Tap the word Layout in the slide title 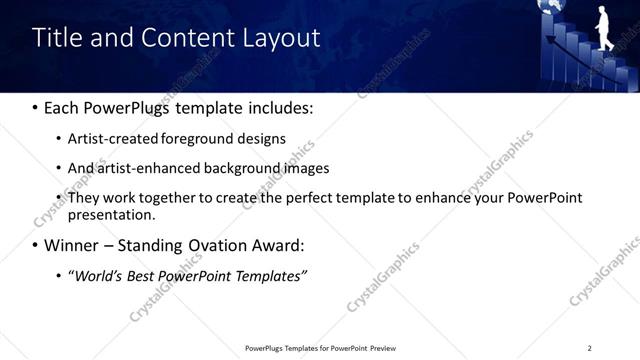click(281, 39)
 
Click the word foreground click(208, 139)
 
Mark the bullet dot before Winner click(37, 246)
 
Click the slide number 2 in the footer click(589, 348)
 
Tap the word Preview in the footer click(382, 348)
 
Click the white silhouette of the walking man click(603, 27)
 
